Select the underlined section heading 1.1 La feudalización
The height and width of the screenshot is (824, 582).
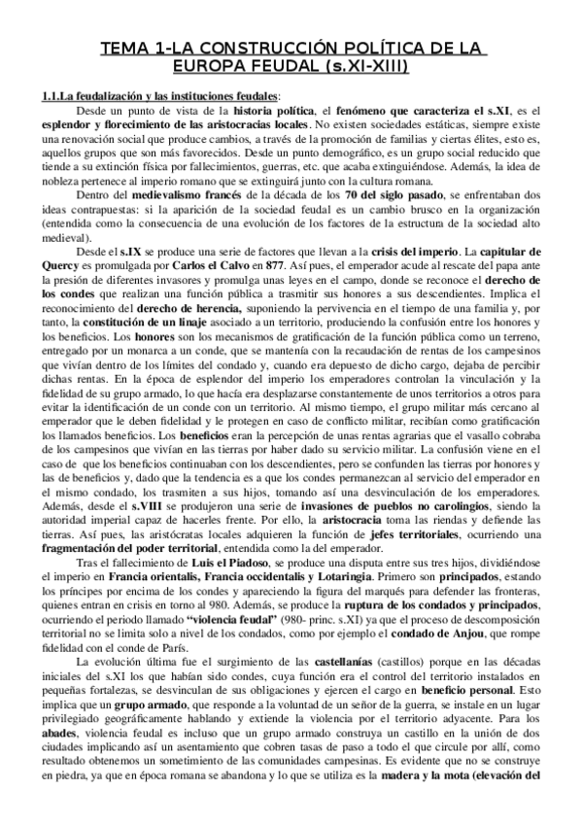point(156,96)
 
